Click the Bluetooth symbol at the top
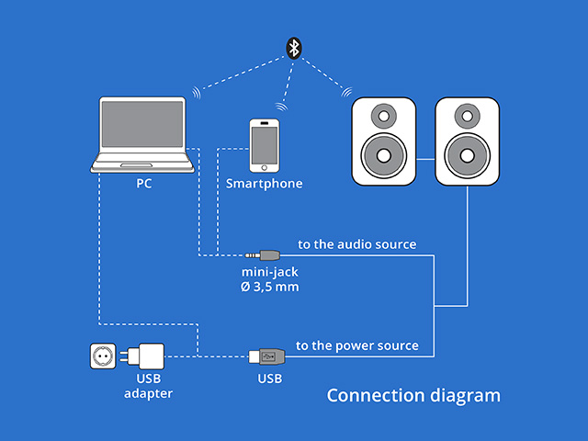[x=293, y=47]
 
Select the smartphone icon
[x=265, y=144]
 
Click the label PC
[x=144, y=183]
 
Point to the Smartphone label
[x=265, y=184]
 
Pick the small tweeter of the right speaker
[x=468, y=117]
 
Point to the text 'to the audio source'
[x=357, y=244]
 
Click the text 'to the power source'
[x=357, y=346]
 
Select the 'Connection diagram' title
[x=413, y=396]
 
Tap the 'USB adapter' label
[x=148, y=386]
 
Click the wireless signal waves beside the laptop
[x=197, y=93]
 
